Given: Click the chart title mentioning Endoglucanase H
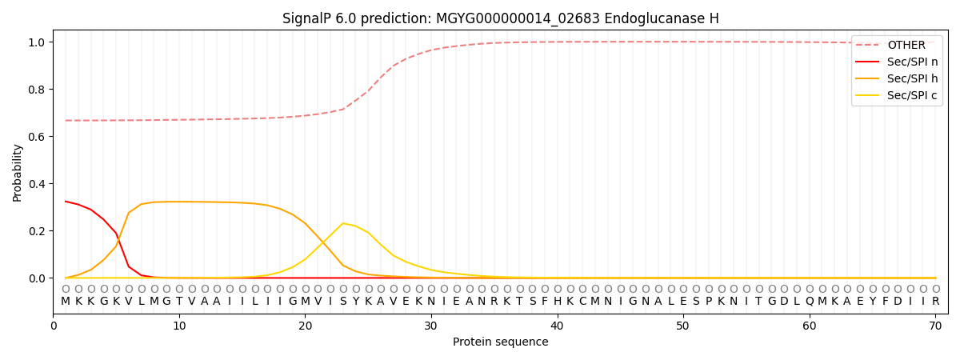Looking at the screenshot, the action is point(500,18).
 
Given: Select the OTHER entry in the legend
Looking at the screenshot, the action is point(897,45).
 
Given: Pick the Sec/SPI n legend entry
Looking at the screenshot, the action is point(897,62).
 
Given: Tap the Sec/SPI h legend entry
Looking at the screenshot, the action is point(897,78).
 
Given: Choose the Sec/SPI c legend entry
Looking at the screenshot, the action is point(897,95).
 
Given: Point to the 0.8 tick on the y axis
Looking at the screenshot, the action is point(37,90).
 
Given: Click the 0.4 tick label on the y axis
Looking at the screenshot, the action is point(37,184).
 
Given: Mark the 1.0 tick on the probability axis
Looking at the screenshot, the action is point(37,42).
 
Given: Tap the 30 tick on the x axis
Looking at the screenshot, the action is point(431,326).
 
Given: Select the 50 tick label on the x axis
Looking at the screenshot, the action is point(683,326).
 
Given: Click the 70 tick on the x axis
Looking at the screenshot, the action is point(935,326).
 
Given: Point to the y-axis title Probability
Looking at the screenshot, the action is point(17,173).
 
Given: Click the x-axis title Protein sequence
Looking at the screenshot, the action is point(500,342).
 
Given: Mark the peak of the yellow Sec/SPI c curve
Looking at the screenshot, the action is point(343,223).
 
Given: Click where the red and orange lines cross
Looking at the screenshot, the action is point(118,238).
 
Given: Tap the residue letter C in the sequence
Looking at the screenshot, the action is point(582,302).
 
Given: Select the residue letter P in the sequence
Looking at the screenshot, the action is point(709,302).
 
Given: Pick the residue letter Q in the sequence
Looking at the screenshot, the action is point(810,302).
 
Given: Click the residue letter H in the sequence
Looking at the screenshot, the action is point(557,302).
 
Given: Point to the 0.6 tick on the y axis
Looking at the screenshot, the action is point(37,137).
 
